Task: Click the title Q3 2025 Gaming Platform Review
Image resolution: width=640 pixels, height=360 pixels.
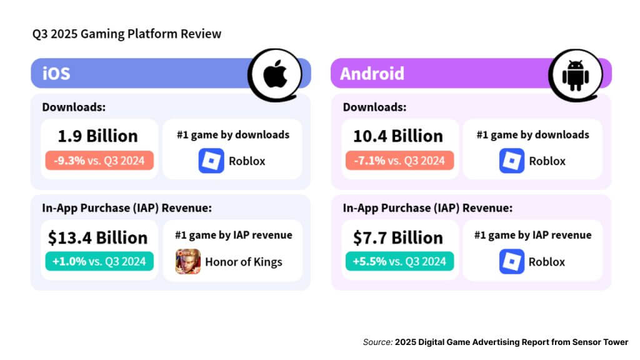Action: pyautogui.click(x=127, y=34)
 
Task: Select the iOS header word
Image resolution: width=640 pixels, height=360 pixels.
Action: pyautogui.click(x=56, y=74)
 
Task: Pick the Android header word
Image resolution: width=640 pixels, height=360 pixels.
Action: pyautogui.click(x=372, y=74)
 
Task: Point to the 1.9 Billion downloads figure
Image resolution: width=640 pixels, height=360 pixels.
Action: pyautogui.click(x=97, y=136)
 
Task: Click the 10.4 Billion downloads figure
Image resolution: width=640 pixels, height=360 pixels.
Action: pyautogui.click(x=398, y=136)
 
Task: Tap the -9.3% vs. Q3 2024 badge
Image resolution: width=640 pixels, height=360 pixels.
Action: pyautogui.click(x=99, y=161)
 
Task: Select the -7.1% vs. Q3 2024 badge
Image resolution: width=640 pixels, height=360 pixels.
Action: pyautogui.click(x=400, y=161)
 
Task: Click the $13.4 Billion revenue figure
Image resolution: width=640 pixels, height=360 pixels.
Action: pyautogui.click(x=97, y=237)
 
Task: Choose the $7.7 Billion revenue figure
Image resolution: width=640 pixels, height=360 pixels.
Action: pyautogui.click(x=398, y=237)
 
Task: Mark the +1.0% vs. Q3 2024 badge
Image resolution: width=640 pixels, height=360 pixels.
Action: pyautogui.click(x=99, y=261)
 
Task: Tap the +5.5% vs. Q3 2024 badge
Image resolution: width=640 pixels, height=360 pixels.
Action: pyautogui.click(x=400, y=261)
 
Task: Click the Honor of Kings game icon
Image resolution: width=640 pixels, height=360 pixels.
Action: pyautogui.click(x=188, y=261)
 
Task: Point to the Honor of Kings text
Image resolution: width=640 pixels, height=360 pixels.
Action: pyautogui.click(x=244, y=262)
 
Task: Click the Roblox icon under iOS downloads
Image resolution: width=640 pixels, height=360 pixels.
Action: pyautogui.click(x=211, y=161)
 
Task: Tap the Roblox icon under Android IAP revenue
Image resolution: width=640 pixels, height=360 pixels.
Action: pyautogui.click(x=512, y=261)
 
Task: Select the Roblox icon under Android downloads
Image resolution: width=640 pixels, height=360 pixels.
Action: pyautogui.click(x=512, y=161)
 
